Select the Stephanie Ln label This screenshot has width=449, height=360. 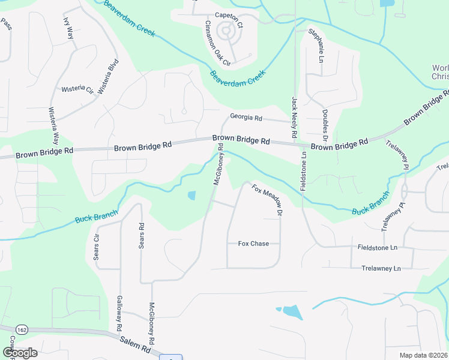pyautogui.click(x=316, y=46)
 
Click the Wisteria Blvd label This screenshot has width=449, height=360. pyautogui.click(x=108, y=77)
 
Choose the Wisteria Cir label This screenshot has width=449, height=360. pyautogui.click(x=77, y=90)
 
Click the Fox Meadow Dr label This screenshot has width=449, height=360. pyautogui.click(x=267, y=199)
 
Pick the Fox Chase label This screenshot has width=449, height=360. pyautogui.click(x=253, y=244)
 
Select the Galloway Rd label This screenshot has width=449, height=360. pyautogui.click(x=120, y=313)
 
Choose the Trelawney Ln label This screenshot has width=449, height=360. pyautogui.click(x=381, y=268)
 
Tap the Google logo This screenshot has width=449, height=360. pyautogui.click(x=20, y=353)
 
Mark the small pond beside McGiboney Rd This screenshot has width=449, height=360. pyautogui.click(x=191, y=195)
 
